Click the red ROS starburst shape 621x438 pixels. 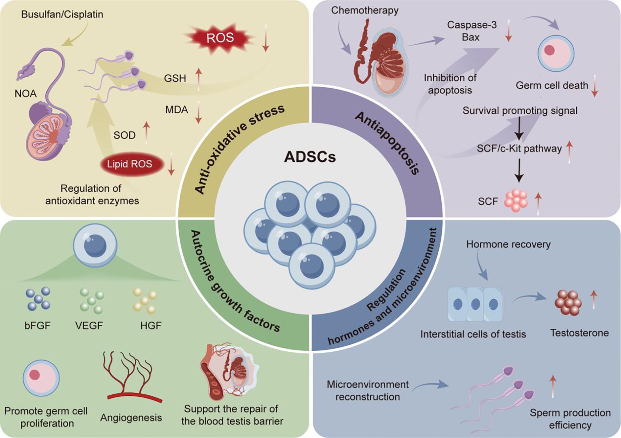pos(219,38)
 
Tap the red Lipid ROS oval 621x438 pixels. pos(130,164)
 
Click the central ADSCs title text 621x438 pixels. pos(310,157)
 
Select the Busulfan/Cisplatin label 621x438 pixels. pos(62,14)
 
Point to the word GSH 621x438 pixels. pos(175,78)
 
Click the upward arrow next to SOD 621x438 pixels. pos(147,133)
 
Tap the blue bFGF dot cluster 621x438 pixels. pos(38,299)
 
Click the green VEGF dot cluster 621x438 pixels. pos(92,300)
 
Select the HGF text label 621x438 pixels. pos(151,326)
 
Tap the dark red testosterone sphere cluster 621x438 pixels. pos(568,303)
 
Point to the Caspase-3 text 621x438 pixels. pos(472,25)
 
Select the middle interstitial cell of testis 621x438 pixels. pos(475,304)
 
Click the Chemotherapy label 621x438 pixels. pos(364,11)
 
